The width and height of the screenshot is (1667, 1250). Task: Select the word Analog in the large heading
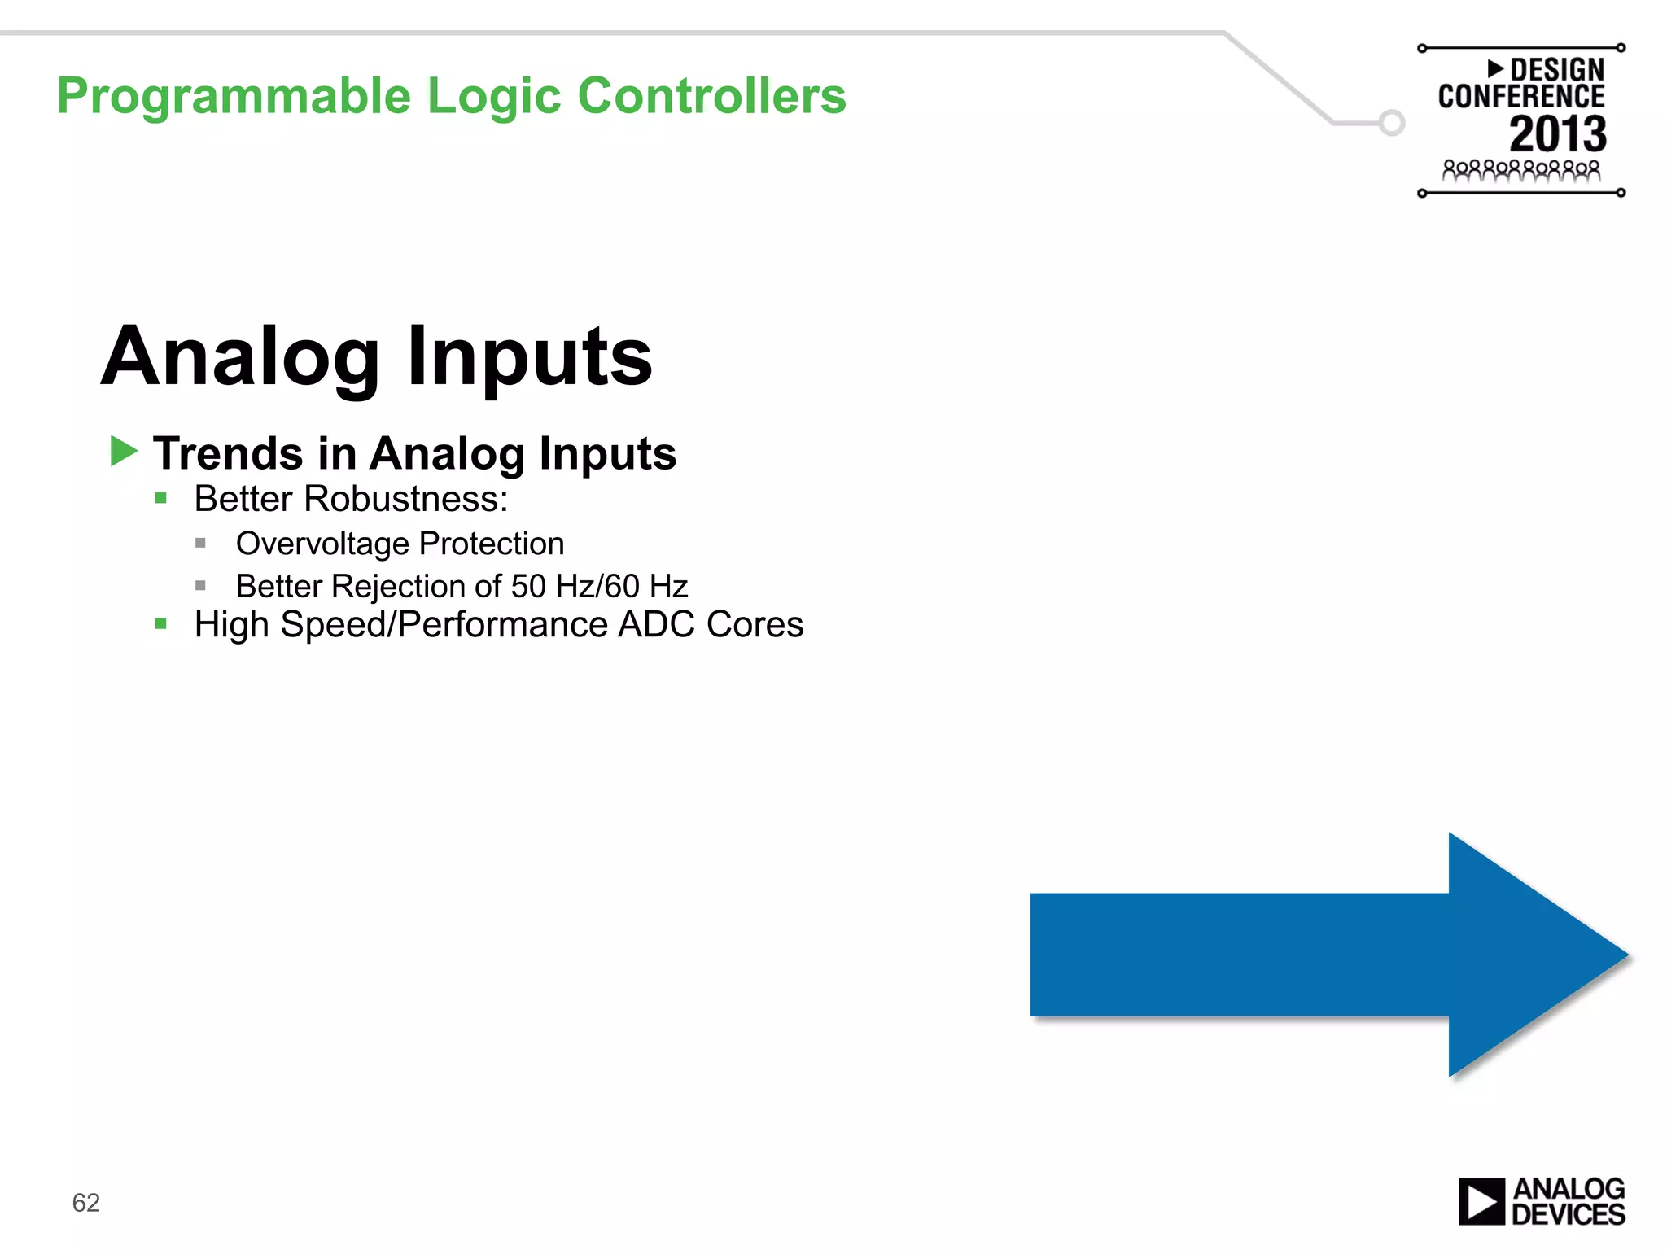pos(241,358)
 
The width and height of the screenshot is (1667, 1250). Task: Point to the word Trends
pos(229,453)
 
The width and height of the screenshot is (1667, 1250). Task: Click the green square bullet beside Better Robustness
pos(161,498)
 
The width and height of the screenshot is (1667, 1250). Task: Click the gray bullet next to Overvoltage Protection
pos(200,543)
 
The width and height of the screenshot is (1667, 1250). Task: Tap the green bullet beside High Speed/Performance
pos(161,624)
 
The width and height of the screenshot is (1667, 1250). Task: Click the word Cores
pos(755,625)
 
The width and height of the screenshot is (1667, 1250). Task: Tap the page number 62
pos(85,1203)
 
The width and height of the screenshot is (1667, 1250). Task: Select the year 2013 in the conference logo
pos(1557,134)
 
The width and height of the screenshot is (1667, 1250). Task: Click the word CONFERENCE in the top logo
pos(1520,97)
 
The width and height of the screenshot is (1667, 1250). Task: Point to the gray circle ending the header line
pos(1392,123)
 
